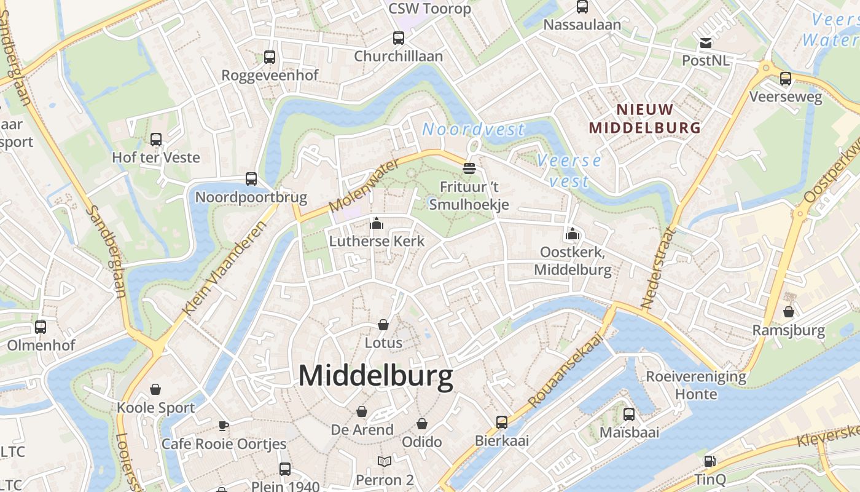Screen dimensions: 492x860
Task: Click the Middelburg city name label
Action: coord(376,376)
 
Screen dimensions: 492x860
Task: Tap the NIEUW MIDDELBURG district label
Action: coord(644,119)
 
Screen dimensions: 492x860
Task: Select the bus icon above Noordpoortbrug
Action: coord(251,179)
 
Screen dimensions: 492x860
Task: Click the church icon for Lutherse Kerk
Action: coord(377,223)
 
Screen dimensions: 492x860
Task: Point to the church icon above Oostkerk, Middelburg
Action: coord(573,234)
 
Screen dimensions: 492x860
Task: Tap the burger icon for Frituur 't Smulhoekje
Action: coord(469,168)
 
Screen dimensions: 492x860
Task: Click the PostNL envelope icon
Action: coord(705,43)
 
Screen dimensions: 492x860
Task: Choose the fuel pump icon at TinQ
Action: coord(709,461)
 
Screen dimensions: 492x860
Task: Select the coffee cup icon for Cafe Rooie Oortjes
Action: coord(224,426)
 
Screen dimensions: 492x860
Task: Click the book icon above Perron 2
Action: coord(385,461)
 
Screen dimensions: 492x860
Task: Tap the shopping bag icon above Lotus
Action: coord(383,324)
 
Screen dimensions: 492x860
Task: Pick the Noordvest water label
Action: coord(473,130)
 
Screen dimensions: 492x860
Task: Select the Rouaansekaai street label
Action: coord(565,368)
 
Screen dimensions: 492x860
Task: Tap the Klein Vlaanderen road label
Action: coord(226,268)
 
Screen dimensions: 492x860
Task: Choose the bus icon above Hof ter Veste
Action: coord(156,140)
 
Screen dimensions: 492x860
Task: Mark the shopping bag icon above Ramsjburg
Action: coord(789,312)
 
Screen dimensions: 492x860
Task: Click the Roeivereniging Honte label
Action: coord(696,385)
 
